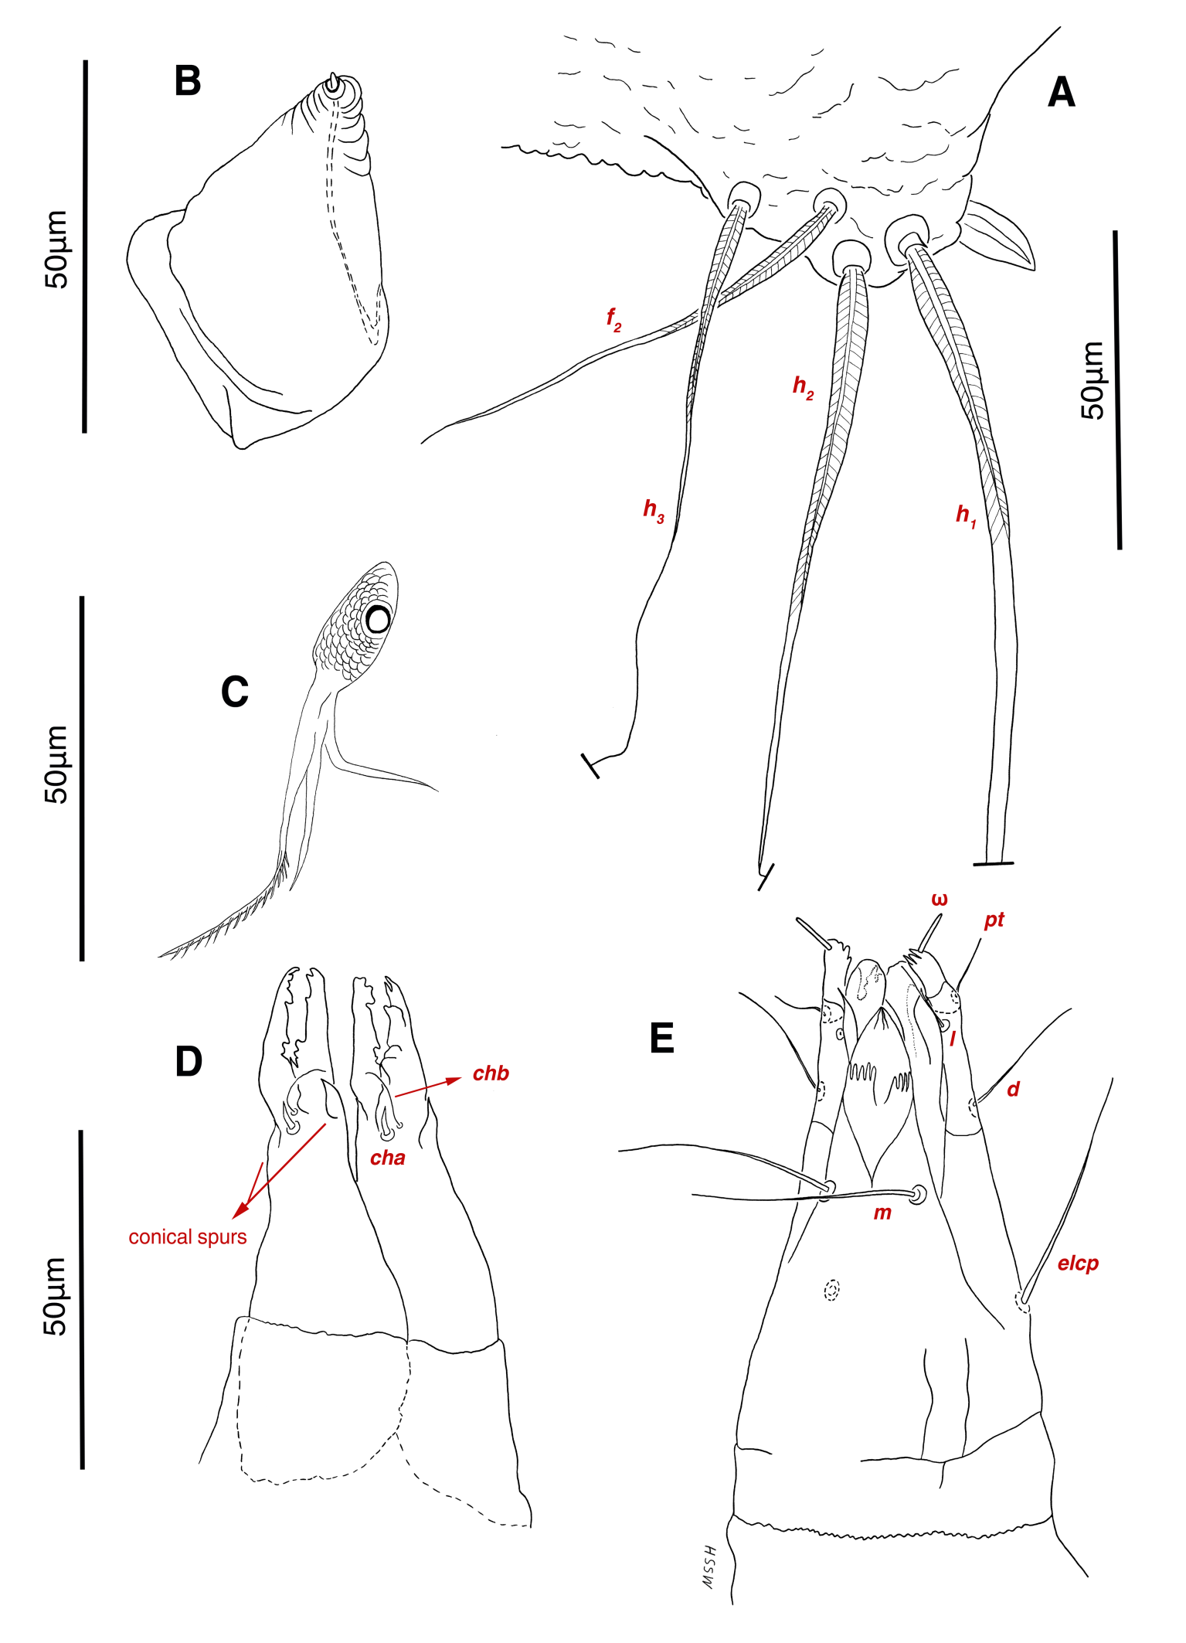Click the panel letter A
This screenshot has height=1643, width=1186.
click(1061, 93)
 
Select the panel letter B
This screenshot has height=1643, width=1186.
click(188, 81)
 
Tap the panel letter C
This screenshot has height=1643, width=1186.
click(234, 692)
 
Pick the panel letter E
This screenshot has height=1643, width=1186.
click(662, 1038)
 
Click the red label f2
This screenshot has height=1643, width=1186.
click(613, 318)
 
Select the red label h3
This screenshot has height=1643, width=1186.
click(654, 510)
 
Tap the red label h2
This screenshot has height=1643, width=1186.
click(803, 386)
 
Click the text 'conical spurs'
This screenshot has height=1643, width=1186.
click(188, 1237)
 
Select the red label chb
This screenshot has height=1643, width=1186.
click(491, 1073)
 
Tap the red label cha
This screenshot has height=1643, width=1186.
click(388, 1158)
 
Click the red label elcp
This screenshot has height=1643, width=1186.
click(1078, 1264)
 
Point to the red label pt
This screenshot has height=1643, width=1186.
click(994, 920)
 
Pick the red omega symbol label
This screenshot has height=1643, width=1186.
click(940, 899)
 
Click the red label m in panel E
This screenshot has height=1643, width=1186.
click(882, 1213)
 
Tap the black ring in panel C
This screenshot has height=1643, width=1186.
click(378, 619)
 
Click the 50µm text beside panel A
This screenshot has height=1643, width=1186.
click(1093, 380)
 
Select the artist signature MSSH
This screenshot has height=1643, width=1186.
click(709, 1568)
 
